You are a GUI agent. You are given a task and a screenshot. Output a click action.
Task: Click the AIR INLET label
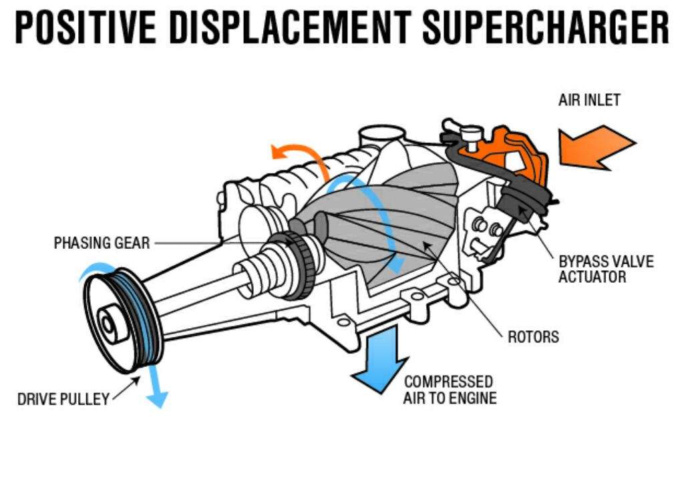(589, 101)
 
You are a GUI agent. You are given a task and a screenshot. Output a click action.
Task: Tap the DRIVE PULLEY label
(63, 400)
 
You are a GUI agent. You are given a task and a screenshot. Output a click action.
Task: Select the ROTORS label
(533, 337)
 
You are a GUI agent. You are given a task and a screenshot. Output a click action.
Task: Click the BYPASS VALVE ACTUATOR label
(606, 268)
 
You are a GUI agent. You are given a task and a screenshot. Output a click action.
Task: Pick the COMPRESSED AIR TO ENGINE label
(450, 390)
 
